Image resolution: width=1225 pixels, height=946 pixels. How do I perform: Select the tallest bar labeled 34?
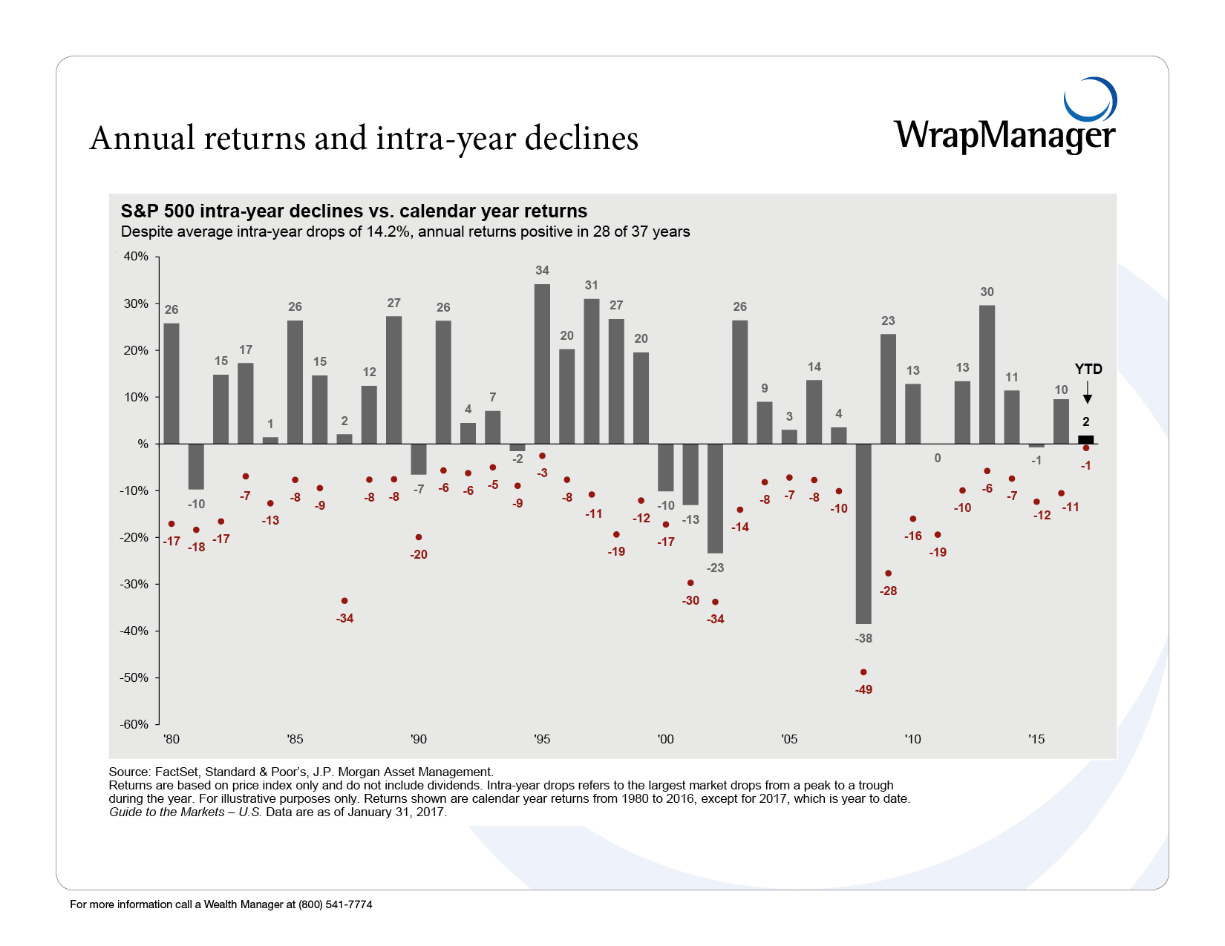pos(542,364)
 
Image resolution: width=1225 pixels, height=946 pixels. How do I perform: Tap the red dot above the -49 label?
pos(863,672)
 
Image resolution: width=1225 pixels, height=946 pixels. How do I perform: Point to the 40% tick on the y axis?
pos(136,257)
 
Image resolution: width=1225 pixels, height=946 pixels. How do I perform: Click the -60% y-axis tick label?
pos(134,724)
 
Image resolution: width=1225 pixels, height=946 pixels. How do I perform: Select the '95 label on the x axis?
pos(542,739)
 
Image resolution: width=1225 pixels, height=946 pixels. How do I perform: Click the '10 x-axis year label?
pos(912,739)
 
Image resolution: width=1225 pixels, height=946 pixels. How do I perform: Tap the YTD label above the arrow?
pos(1088,369)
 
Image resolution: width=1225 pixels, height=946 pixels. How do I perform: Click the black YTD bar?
pos(1085,440)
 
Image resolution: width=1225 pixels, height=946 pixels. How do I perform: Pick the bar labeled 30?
pos(987,375)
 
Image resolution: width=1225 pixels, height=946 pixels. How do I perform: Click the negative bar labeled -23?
pos(715,499)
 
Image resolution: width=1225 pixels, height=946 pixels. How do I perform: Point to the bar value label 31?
pos(591,286)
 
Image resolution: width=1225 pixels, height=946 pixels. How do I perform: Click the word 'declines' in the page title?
pos(581,139)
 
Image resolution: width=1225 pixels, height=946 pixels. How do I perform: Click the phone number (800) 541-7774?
pos(336,904)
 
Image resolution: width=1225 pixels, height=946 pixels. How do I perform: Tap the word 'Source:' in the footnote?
pos(130,772)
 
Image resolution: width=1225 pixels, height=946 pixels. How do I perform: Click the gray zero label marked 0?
pos(938,459)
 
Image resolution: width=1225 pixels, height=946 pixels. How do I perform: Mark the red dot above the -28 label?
pos(888,574)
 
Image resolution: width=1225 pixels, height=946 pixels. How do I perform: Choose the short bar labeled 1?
pos(270,441)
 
